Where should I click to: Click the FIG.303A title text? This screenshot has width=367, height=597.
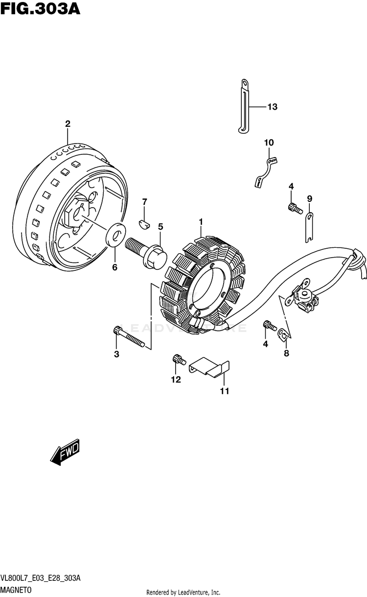(x=41, y=9)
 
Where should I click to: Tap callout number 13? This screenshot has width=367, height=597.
(x=272, y=107)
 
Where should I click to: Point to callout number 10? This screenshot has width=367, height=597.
(x=269, y=143)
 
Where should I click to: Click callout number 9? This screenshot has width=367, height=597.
(x=309, y=198)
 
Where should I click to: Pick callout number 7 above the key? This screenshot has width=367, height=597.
(x=144, y=202)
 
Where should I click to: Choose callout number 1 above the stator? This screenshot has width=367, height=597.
(x=201, y=222)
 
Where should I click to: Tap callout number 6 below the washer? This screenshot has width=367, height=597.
(x=115, y=267)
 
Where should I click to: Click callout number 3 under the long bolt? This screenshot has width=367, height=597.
(x=116, y=354)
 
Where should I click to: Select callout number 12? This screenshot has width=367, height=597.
(x=176, y=379)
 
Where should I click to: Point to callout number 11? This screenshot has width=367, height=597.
(x=224, y=391)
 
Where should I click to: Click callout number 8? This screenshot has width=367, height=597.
(x=286, y=353)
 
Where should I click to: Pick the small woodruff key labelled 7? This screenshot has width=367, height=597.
(x=143, y=223)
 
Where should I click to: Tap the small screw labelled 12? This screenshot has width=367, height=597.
(x=178, y=360)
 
